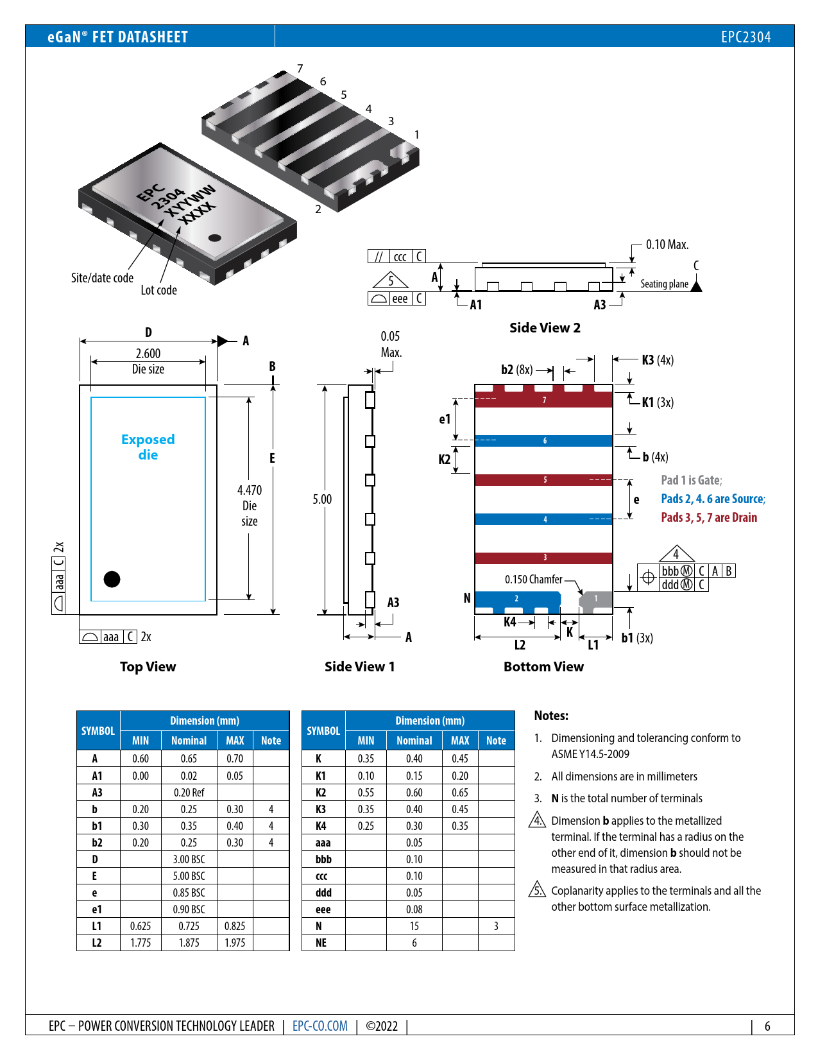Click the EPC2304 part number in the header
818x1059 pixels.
(746, 37)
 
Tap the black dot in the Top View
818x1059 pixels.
(112, 579)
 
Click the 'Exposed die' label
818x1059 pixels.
(148, 447)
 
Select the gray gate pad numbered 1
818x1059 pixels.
(596, 599)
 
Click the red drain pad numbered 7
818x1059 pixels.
(544, 400)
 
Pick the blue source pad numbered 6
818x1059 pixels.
(544, 441)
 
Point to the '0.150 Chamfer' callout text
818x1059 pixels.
(533, 580)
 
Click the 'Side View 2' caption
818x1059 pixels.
(545, 328)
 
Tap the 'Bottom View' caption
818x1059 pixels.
(543, 667)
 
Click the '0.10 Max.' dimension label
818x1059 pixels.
(667, 245)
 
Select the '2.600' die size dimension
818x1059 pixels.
(148, 354)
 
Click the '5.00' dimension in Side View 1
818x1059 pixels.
(322, 499)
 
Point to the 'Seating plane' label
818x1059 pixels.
(664, 284)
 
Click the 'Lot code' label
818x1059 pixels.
(158, 290)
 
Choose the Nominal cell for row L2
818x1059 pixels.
(189, 943)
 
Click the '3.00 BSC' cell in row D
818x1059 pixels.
(189, 859)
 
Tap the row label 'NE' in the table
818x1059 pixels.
(321, 943)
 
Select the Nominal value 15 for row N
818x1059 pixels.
(414, 926)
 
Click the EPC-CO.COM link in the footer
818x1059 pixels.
(320, 1026)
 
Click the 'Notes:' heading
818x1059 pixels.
(551, 716)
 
